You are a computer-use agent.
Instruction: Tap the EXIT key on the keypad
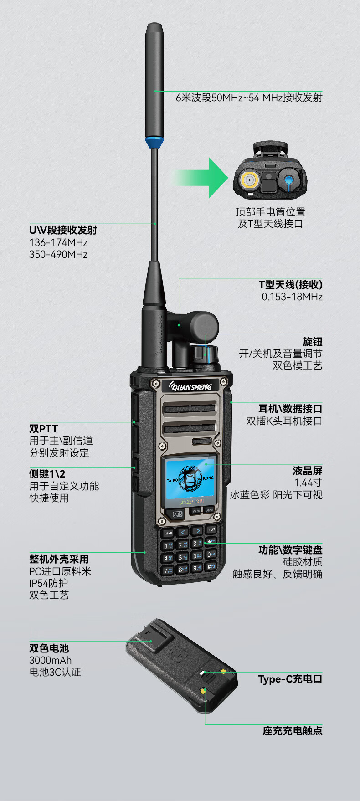click(x=211, y=529)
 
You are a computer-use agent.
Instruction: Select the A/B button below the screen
click(x=178, y=514)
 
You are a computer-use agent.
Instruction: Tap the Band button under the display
click(x=209, y=510)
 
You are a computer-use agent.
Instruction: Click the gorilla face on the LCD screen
click(x=190, y=478)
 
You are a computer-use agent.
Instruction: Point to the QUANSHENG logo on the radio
click(x=191, y=387)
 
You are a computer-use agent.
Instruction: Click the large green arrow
click(x=200, y=177)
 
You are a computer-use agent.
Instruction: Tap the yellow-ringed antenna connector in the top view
click(x=250, y=180)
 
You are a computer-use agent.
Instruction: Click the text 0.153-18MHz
click(x=292, y=297)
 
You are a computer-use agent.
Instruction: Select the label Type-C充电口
click(x=290, y=679)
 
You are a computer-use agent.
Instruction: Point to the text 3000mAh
click(x=50, y=660)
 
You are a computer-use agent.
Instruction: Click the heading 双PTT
click(x=43, y=429)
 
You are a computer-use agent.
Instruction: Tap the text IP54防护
click(x=48, y=583)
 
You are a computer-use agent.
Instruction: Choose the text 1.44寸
click(x=308, y=483)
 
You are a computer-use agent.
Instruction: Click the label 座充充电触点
click(x=293, y=731)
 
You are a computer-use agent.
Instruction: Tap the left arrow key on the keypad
click(x=183, y=532)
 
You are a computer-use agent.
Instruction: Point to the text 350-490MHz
click(x=58, y=254)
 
